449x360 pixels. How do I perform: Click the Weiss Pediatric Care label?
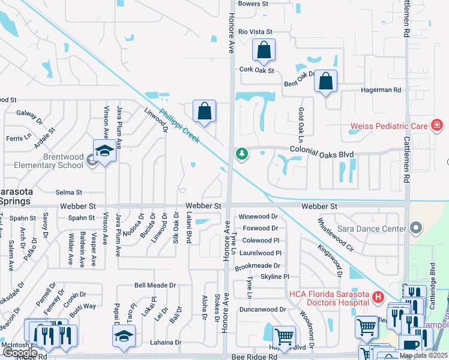(389, 127)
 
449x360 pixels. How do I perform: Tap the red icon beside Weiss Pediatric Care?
(437, 126)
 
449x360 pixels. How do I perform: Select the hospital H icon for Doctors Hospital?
(378, 296)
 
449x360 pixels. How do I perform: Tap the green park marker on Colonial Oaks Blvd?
(242, 154)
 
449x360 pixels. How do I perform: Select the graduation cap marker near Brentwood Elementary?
(104, 150)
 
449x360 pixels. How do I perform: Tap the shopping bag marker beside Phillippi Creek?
(204, 111)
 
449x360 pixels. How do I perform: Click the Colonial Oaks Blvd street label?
(321, 154)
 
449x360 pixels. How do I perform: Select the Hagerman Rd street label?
(381, 90)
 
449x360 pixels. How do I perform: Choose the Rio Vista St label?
(255, 31)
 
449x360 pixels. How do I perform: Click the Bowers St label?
(253, 4)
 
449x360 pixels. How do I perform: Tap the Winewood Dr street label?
(259, 216)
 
